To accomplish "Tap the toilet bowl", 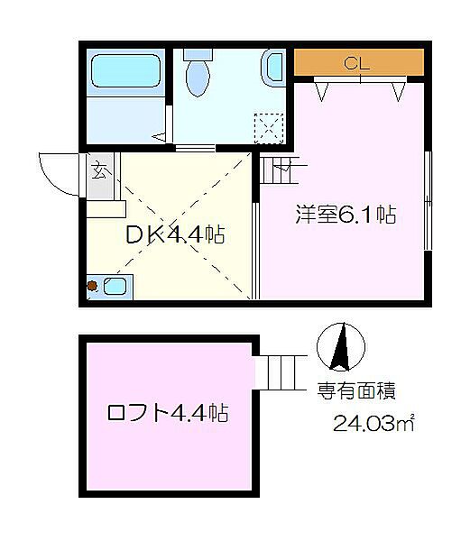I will (195, 78).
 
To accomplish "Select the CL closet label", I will (358, 63).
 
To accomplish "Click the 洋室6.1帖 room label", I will (346, 215).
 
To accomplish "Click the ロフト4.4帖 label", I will (167, 414).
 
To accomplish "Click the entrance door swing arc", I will (56, 173).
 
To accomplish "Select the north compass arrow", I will (341, 347).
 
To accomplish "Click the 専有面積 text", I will (356, 392).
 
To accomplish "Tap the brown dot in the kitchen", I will (92, 288).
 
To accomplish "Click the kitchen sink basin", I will (115, 287).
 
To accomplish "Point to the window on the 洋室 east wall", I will (428, 197).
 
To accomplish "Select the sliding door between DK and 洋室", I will (256, 252).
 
